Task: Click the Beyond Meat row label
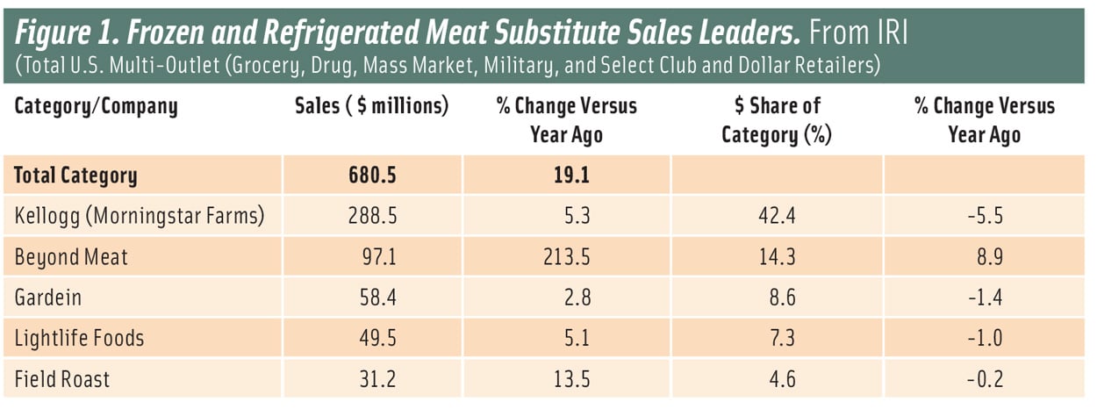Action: (x=70, y=256)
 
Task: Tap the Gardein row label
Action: (x=47, y=298)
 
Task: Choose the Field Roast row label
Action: (x=62, y=379)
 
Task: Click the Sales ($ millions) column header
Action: (x=371, y=107)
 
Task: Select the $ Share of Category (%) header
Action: (x=777, y=120)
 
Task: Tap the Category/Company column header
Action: (x=96, y=107)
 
